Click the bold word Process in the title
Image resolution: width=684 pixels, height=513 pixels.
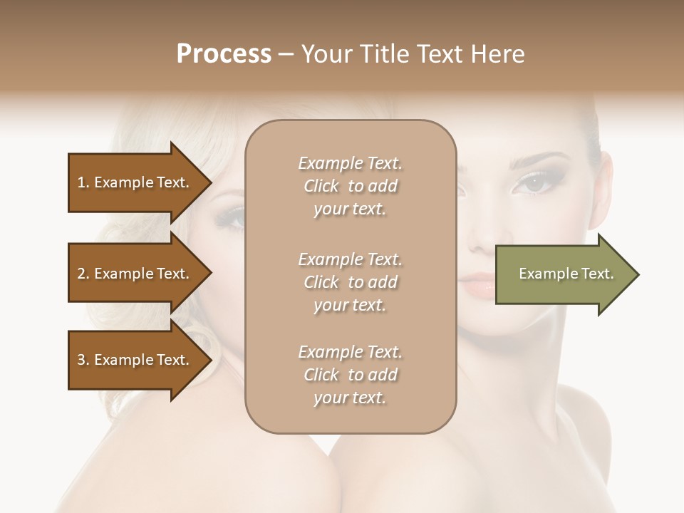[224, 53]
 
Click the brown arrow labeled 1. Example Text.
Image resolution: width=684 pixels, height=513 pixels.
[135, 182]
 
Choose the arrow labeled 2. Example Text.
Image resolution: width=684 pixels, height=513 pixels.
[135, 274]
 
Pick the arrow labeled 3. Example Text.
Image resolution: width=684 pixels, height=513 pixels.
[135, 360]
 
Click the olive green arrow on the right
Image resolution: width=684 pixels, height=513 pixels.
[563, 274]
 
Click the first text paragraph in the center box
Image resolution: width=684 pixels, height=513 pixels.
[350, 186]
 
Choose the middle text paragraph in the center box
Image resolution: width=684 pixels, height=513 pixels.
[350, 282]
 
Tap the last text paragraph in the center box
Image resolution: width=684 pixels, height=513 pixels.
[350, 375]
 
